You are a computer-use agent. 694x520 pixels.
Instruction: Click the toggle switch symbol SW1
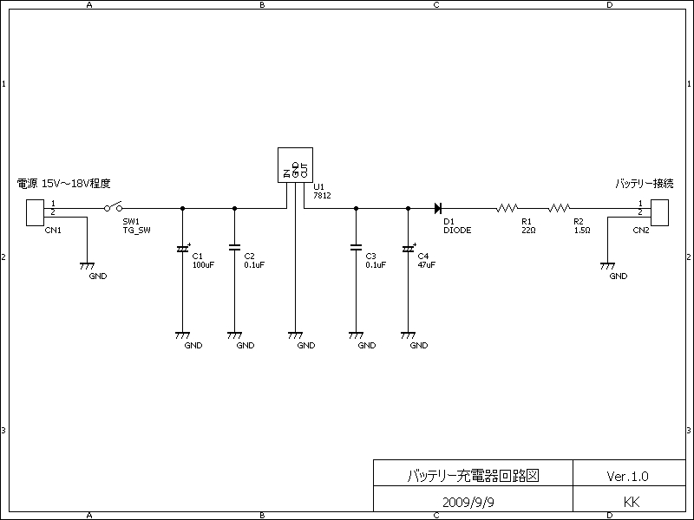point(114,207)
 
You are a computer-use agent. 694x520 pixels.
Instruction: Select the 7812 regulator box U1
point(295,165)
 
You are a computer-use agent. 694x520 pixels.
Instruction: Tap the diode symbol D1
point(438,208)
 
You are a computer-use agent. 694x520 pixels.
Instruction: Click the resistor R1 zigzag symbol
point(507,208)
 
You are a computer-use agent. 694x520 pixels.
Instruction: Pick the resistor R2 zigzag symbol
point(560,208)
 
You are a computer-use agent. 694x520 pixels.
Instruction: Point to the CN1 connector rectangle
point(35,212)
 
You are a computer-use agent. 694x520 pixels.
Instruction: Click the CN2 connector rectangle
point(659,212)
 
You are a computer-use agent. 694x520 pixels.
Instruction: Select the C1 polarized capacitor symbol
point(183,249)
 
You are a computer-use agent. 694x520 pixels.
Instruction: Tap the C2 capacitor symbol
point(234,247)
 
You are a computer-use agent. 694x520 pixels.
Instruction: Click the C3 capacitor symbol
point(356,247)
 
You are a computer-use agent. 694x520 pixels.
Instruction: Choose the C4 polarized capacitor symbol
point(408,249)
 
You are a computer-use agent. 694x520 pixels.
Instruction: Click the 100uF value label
point(203,265)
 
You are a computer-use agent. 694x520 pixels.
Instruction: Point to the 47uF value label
point(426,265)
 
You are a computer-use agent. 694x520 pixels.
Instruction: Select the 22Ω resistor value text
point(528,231)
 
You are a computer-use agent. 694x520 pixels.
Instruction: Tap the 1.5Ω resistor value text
point(582,231)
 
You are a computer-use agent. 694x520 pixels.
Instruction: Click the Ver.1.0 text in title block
point(627,476)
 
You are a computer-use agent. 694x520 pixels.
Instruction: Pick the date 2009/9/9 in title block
point(468,503)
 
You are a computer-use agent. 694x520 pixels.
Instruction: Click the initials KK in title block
point(632,502)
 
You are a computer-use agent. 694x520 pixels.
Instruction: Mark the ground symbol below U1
point(295,335)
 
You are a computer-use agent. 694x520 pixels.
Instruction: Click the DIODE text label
point(457,231)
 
